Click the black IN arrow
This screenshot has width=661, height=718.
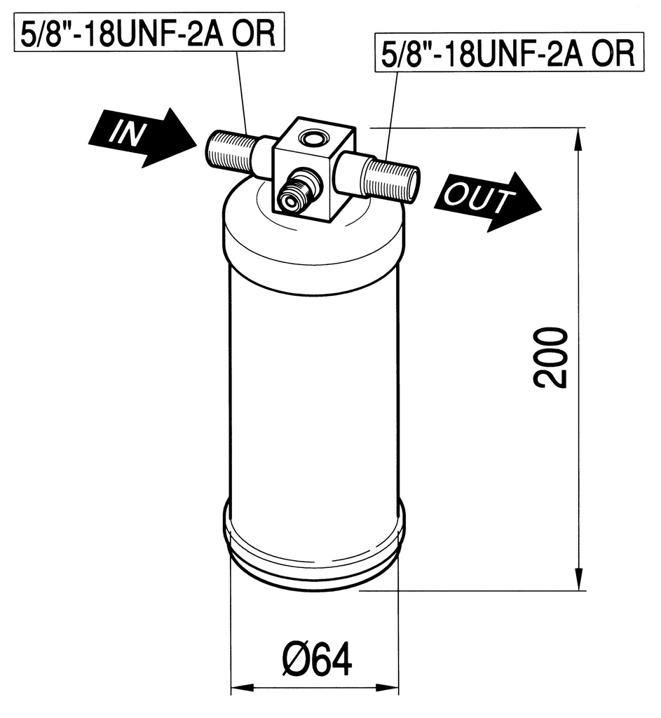[143, 137]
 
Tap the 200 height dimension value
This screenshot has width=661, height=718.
[551, 358]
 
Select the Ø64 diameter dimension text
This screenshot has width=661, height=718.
[317, 658]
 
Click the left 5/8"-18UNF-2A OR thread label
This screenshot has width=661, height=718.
[149, 32]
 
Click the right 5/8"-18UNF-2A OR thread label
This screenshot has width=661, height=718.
[509, 53]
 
